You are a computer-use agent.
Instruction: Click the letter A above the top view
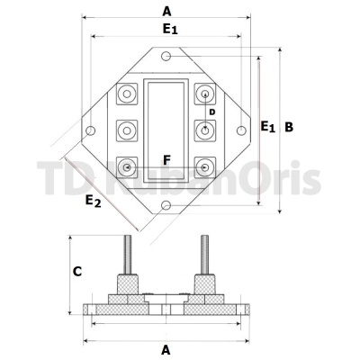[x=166, y=12]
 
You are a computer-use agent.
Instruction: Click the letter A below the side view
[x=166, y=350]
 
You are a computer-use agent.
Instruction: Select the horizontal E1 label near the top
[x=170, y=29]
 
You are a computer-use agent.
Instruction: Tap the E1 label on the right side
[x=267, y=126]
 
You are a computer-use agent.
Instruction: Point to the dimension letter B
[x=289, y=127]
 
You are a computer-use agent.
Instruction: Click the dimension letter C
[x=77, y=272]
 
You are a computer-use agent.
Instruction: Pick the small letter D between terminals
[x=212, y=112]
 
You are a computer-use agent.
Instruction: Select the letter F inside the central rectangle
[x=166, y=160]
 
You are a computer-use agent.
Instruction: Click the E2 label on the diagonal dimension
[x=93, y=201]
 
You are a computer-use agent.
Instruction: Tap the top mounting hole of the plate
[x=166, y=56]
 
